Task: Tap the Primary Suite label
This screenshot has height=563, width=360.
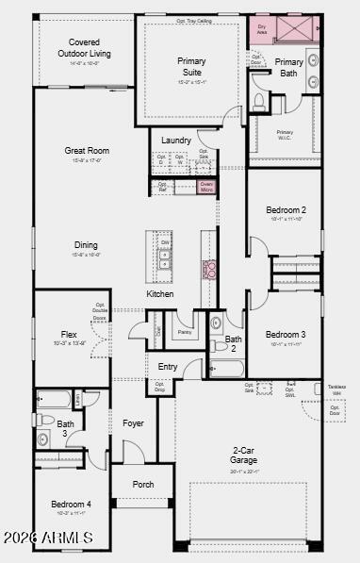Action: [191, 66]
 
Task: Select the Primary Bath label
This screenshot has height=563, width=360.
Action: [289, 67]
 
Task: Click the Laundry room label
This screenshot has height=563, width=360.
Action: [176, 141]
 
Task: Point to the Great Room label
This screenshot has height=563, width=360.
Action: [87, 150]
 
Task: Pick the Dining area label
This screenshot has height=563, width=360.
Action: [87, 245]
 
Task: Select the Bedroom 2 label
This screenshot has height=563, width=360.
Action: [286, 209]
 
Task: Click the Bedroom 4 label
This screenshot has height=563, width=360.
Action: [72, 505]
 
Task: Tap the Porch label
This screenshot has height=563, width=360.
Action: [143, 485]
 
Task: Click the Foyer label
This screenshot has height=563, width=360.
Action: [134, 423]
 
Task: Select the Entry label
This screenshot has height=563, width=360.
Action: [168, 367]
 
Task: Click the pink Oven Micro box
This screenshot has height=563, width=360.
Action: [206, 187]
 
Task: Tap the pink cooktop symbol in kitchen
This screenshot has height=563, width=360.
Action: [209, 269]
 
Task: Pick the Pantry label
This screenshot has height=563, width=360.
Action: [185, 332]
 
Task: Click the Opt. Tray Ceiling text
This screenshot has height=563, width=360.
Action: [194, 20]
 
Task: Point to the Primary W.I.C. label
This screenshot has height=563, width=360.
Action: [285, 134]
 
